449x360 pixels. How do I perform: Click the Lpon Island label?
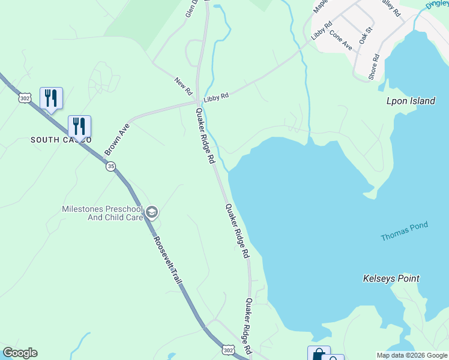point(410,101)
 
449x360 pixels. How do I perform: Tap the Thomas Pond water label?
point(404,232)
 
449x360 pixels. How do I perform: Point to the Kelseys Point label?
point(391,278)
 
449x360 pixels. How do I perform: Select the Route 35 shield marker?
point(111,167)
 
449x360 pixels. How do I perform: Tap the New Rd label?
point(182,86)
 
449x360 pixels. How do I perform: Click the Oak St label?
point(366,35)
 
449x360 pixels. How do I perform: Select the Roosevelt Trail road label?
point(166,259)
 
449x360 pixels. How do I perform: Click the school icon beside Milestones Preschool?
point(152,211)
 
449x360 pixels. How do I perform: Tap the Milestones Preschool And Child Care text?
point(102,213)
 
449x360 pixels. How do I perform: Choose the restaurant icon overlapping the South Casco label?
point(79,126)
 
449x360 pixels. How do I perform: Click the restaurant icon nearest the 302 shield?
point(51,98)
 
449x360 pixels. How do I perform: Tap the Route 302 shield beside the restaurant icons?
point(24,98)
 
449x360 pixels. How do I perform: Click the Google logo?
point(20,353)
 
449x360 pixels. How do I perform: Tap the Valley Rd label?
point(391,11)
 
